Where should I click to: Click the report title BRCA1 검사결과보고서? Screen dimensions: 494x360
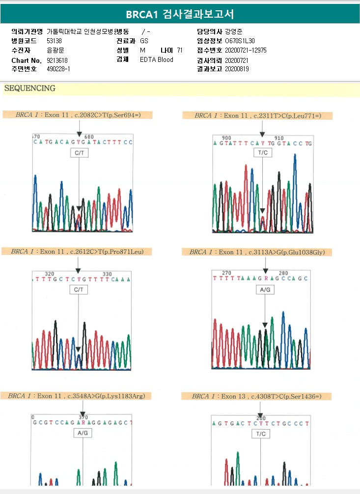click(180, 14)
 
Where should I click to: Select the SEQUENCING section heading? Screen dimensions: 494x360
click(29, 88)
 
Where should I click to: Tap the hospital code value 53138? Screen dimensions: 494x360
click(54, 41)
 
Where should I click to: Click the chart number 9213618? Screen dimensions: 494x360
click(57, 60)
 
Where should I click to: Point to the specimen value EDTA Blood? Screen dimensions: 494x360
click(157, 60)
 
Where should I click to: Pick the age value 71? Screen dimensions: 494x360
click(180, 50)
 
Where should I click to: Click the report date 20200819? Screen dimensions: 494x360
click(237, 69)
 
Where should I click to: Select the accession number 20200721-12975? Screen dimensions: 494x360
click(246, 50)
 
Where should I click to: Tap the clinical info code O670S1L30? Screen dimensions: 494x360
click(240, 41)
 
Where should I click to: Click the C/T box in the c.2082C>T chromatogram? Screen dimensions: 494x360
click(79, 154)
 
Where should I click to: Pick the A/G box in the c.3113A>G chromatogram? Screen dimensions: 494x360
click(265, 290)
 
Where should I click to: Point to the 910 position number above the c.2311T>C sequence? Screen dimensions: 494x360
click(279, 138)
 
